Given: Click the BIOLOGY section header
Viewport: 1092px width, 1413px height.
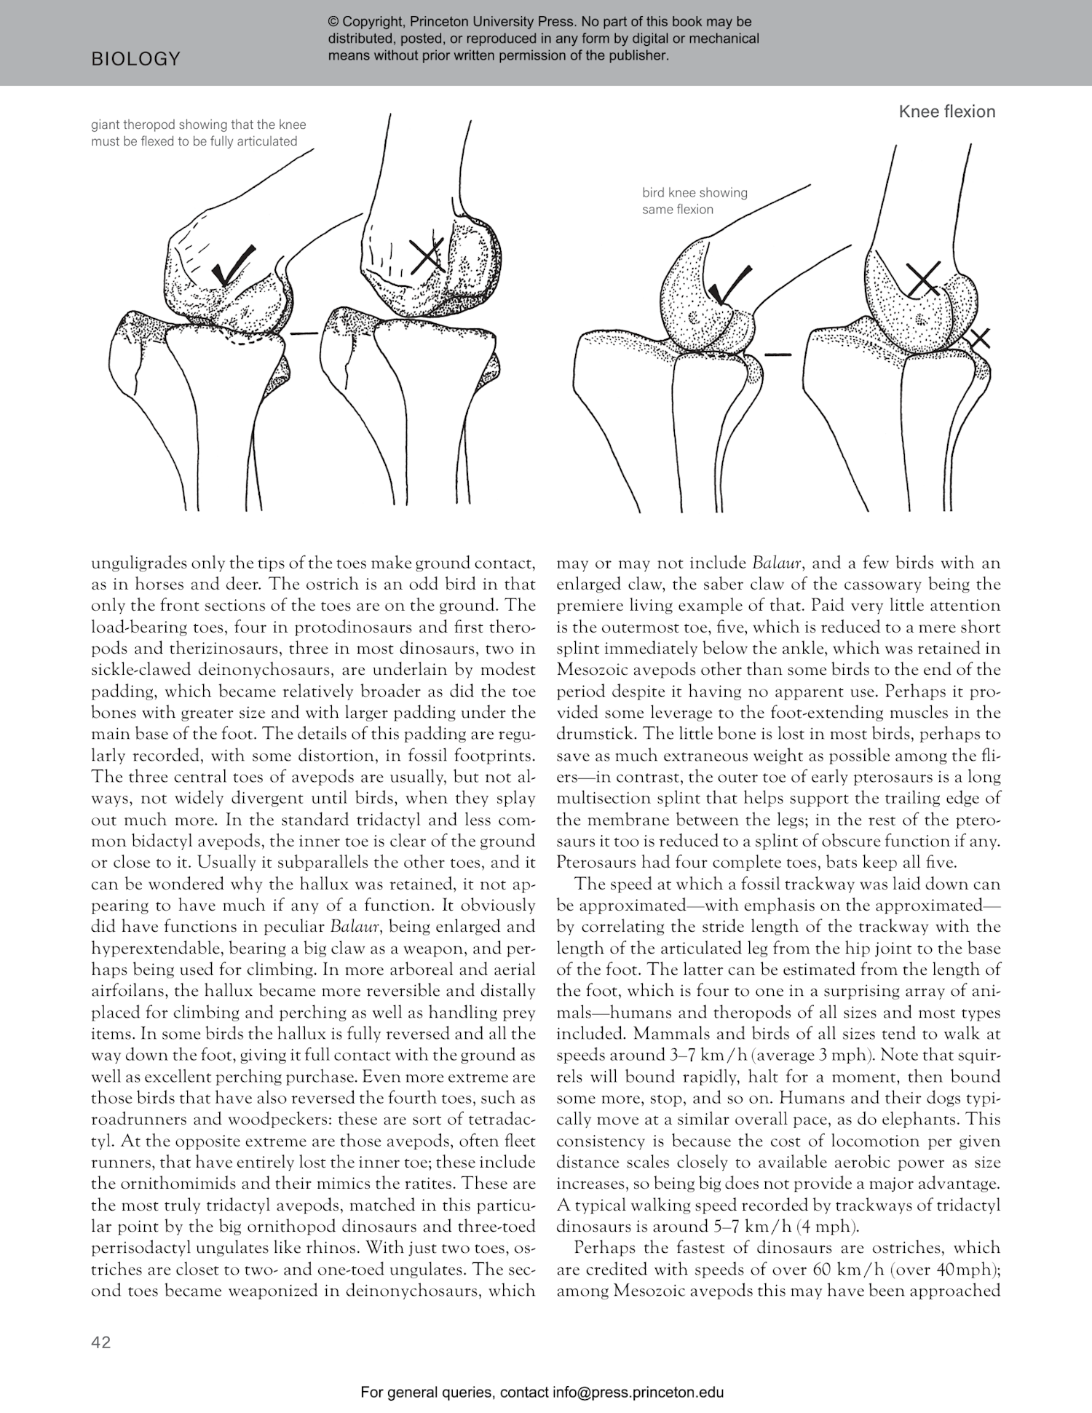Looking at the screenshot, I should [135, 59].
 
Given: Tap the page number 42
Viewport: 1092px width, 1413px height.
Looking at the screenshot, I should [101, 1342].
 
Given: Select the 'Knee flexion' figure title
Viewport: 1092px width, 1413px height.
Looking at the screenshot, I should [946, 111].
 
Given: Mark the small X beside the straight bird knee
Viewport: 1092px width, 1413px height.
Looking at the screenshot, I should [980, 337].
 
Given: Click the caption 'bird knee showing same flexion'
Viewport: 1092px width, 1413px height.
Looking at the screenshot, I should [694, 201].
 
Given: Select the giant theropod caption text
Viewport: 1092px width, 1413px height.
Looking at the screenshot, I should [194, 133].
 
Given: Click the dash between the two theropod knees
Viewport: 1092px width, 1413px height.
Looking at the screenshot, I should [304, 333].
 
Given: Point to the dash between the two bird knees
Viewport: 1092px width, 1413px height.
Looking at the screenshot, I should [778, 355].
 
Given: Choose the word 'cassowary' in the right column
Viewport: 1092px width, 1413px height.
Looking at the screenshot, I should [875, 585].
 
